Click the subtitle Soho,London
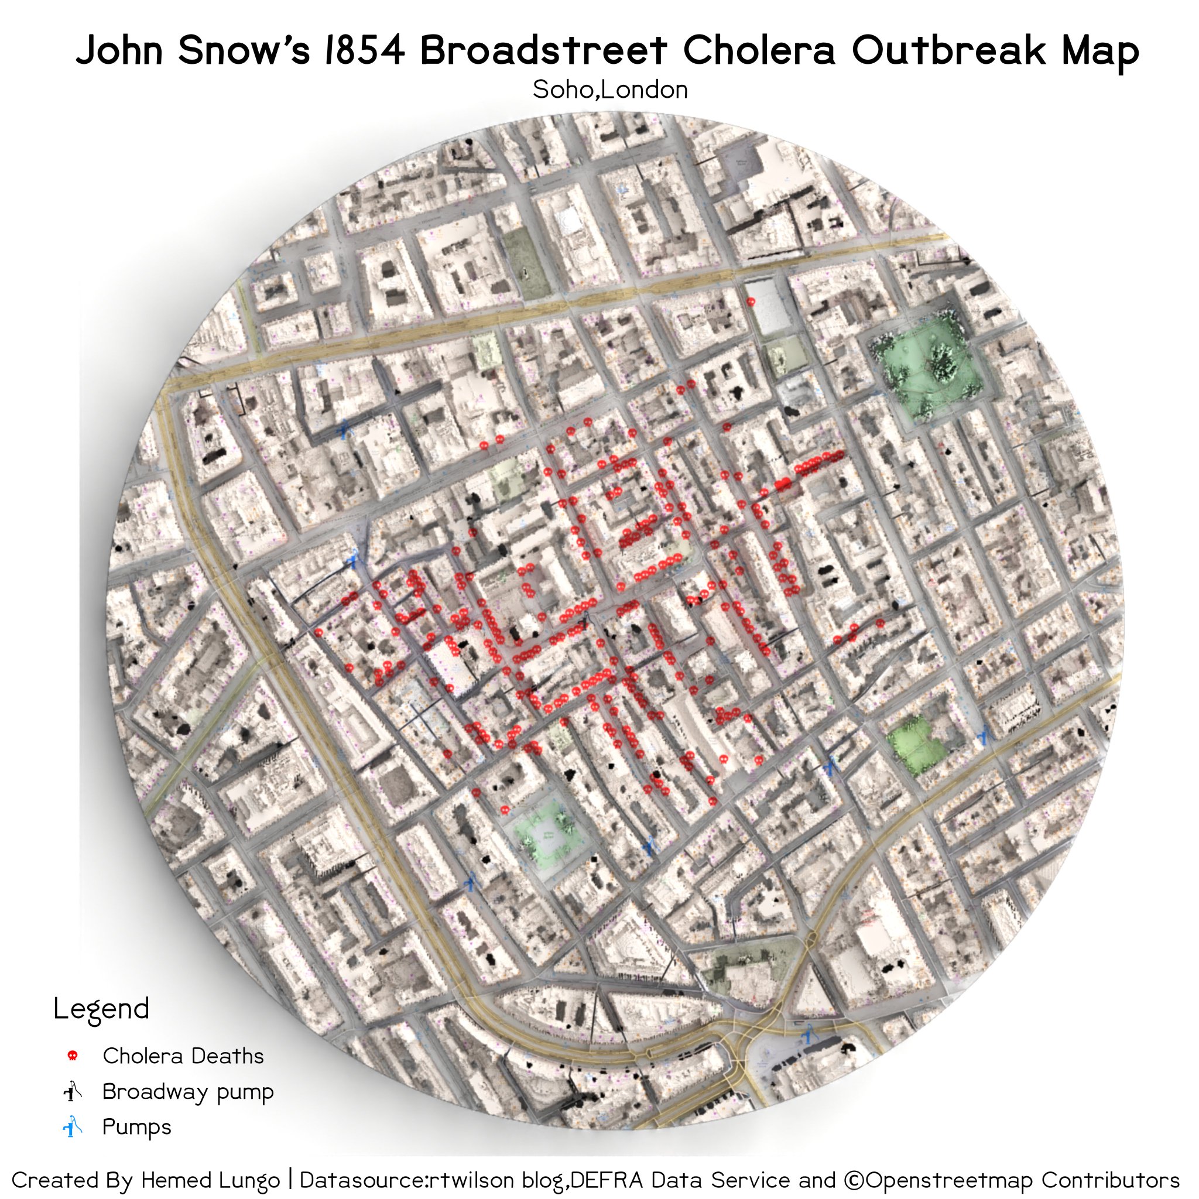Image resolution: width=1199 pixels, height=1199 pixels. click(x=609, y=90)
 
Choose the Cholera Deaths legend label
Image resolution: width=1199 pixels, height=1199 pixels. click(x=183, y=1056)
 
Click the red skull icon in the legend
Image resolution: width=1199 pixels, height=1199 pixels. click(x=72, y=1056)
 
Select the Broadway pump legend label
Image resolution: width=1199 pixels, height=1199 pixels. click(x=187, y=1092)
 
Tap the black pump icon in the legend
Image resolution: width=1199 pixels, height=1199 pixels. click(x=73, y=1091)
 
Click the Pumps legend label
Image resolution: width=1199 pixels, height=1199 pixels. click(x=136, y=1127)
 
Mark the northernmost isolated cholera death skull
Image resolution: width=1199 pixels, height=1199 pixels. click(x=751, y=302)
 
